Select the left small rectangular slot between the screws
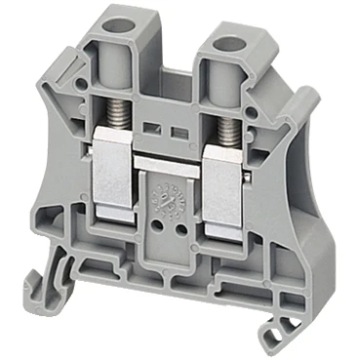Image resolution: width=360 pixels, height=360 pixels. click(x=160, y=127)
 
